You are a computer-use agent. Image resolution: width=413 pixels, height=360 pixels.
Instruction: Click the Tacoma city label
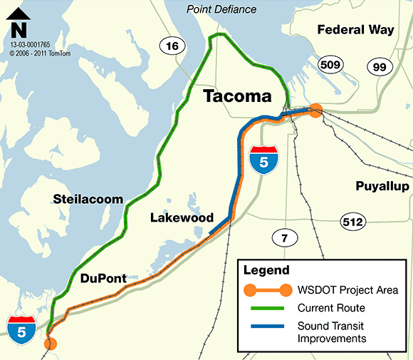click(237, 96)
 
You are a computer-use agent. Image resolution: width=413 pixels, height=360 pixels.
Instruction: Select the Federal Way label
click(355, 30)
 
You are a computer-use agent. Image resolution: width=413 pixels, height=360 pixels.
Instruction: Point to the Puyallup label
click(382, 186)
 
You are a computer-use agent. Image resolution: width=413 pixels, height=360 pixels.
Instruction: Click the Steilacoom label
click(93, 199)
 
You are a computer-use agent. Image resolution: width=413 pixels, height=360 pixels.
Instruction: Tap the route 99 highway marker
click(379, 66)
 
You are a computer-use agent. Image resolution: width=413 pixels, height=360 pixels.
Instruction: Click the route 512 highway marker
click(352, 222)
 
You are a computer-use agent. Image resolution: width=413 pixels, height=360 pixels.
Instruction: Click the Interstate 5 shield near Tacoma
click(263, 160)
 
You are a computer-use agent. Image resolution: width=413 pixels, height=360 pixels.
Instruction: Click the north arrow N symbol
click(19, 29)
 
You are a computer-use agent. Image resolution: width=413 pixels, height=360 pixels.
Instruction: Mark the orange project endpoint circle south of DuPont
click(50, 344)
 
